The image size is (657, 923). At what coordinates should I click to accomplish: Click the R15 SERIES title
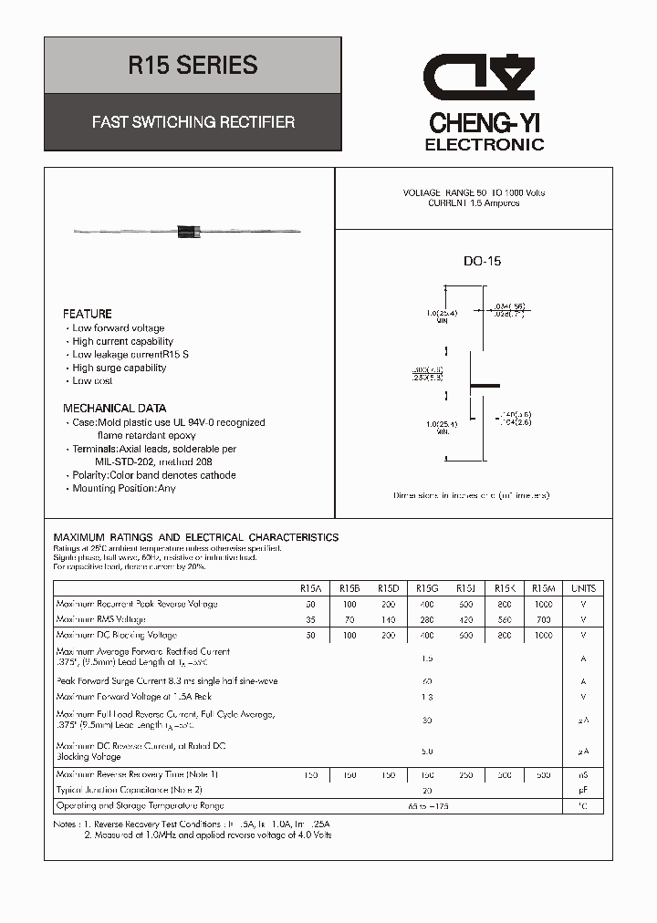193,66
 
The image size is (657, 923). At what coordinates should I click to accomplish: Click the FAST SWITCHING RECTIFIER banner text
193,121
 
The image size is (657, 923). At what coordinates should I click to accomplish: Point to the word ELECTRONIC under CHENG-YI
485,145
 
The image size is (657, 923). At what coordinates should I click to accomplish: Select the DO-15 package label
482,262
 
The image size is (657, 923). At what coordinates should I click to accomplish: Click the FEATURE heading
88,314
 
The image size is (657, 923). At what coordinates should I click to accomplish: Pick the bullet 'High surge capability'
120,368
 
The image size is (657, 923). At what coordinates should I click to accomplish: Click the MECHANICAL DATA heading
114,409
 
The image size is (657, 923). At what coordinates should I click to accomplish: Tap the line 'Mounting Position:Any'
124,488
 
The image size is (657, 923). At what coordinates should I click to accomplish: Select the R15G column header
426,588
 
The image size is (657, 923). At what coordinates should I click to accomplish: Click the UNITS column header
582,588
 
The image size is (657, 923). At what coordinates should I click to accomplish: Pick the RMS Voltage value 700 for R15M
543,619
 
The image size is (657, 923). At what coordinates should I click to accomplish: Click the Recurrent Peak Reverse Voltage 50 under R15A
310,604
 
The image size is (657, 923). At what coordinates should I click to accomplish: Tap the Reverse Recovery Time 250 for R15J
465,774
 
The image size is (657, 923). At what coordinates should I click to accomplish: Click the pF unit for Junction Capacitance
582,790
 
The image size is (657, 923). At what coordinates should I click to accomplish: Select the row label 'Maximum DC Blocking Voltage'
116,635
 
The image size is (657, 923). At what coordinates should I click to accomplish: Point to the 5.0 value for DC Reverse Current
426,751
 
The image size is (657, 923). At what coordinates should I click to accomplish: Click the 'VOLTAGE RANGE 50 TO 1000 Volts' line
474,193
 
